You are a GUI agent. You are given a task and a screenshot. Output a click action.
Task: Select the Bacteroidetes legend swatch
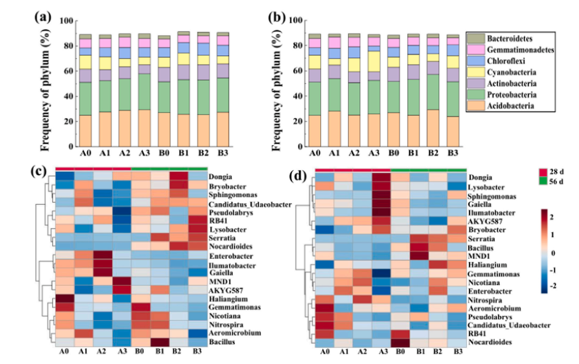(x=474, y=38)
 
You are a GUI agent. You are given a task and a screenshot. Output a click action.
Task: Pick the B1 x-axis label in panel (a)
(x=183, y=153)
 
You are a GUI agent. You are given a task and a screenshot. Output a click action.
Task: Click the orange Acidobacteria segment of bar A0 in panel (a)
(x=85, y=131)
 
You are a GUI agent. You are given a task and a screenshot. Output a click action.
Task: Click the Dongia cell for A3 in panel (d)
(x=381, y=178)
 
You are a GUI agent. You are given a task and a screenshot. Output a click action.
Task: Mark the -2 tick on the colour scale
(x=558, y=286)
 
